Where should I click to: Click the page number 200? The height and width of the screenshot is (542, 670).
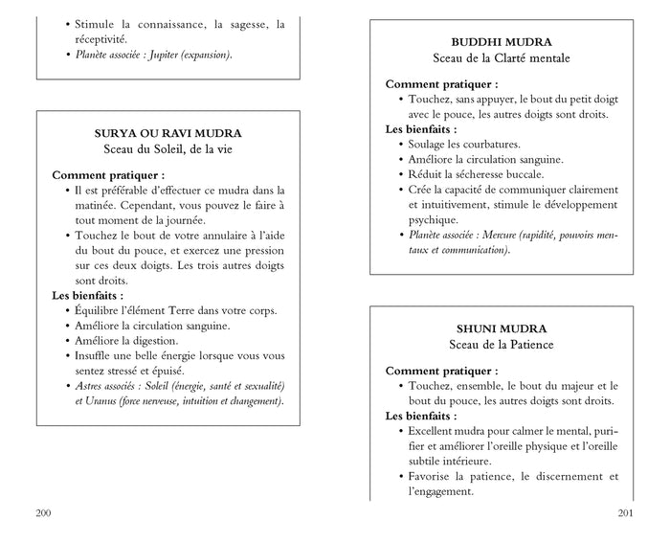(43, 514)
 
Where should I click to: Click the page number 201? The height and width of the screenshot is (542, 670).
(626, 514)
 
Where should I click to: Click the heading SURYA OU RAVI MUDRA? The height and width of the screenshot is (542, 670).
(167, 133)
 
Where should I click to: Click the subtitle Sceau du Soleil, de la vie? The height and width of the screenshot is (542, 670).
(167, 149)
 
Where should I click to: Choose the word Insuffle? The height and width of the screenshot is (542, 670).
(97, 355)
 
